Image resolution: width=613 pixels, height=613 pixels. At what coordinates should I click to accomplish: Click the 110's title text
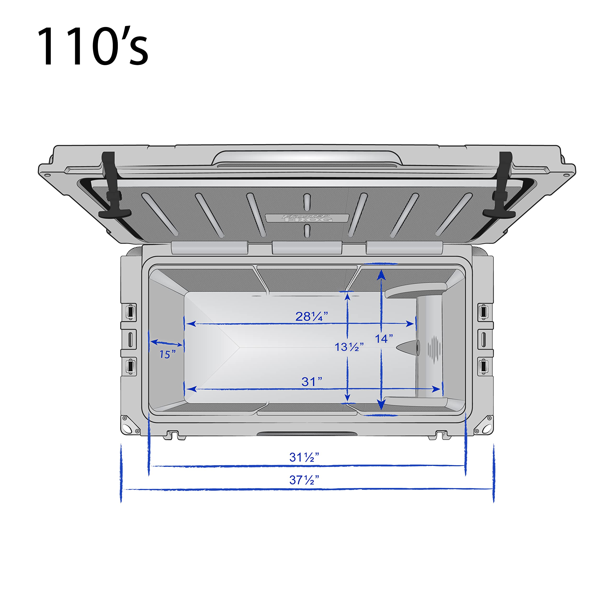[x=93, y=46]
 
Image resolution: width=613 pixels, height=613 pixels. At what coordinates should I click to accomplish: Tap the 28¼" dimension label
[x=311, y=316]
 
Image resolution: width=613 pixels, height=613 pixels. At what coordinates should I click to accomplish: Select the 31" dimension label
[x=312, y=382]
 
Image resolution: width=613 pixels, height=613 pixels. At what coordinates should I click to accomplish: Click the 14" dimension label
[x=384, y=339]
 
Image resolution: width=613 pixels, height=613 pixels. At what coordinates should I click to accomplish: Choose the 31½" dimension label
[x=304, y=457]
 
